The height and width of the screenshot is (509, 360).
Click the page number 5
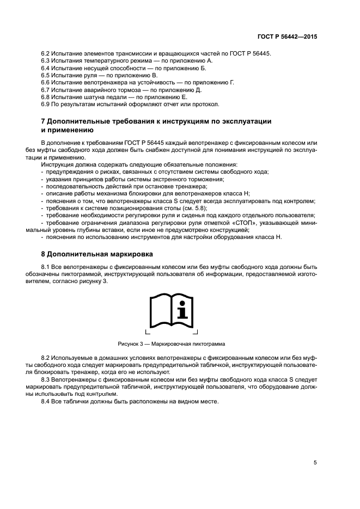315,463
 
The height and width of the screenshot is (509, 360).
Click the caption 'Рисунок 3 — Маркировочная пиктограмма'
172,344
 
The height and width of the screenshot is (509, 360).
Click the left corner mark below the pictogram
147,332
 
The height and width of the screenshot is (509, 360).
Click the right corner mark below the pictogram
196,332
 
